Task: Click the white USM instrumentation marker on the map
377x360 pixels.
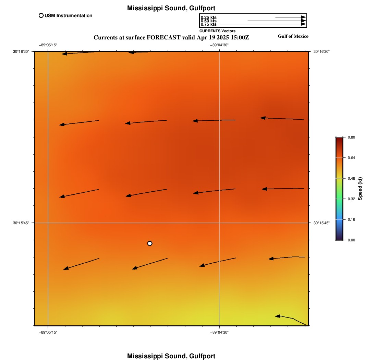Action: click(x=150, y=243)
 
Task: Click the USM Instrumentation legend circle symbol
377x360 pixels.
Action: click(x=41, y=15)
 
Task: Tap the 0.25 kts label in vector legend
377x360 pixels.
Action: click(x=208, y=17)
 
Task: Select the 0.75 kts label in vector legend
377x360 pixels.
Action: click(x=208, y=24)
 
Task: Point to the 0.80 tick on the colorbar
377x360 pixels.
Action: click(x=351, y=137)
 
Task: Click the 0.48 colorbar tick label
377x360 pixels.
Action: click(x=351, y=178)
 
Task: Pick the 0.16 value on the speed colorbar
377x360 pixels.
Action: click(x=351, y=219)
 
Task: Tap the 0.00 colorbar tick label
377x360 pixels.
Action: click(x=351, y=240)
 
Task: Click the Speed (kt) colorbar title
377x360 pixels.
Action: click(x=360, y=189)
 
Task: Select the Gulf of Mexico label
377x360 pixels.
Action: click(x=293, y=36)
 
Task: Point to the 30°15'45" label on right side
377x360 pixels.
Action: click(x=321, y=223)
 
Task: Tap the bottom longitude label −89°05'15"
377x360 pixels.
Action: click(x=48, y=332)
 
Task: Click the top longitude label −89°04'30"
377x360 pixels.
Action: click(x=219, y=45)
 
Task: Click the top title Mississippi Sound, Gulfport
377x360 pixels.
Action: click(x=171, y=8)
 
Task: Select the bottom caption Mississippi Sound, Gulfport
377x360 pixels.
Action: click(x=171, y=356)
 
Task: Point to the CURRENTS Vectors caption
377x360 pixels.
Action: click(x=217, y=31)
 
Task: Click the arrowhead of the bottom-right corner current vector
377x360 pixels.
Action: click(x=278, y=316)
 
